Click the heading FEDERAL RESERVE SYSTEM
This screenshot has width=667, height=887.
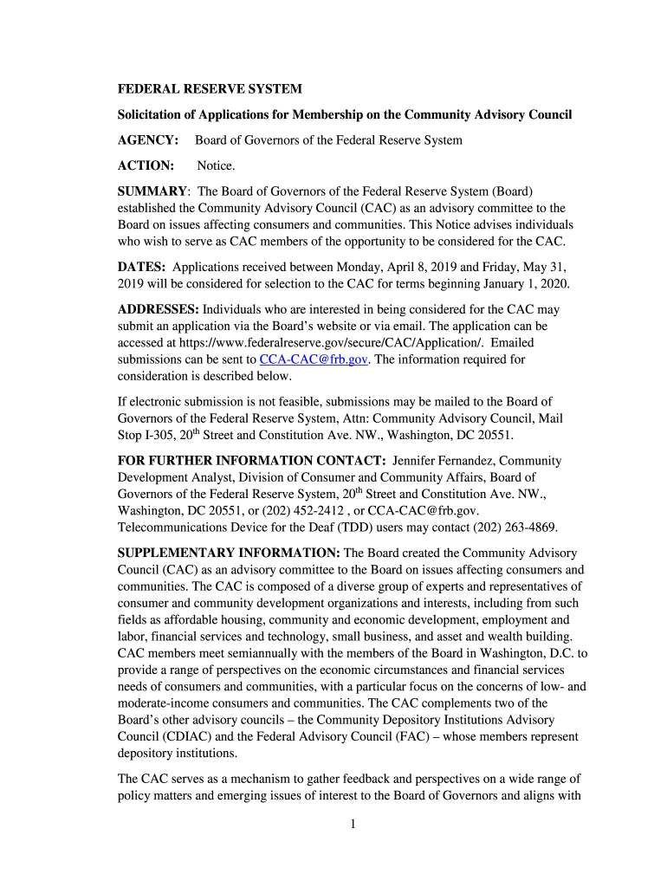210,89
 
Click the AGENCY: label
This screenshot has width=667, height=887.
148,140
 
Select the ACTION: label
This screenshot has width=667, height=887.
146,165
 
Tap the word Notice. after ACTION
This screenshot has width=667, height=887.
216,165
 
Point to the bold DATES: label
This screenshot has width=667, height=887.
142,268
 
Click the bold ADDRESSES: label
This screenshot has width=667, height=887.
159,309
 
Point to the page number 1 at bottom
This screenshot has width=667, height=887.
353,824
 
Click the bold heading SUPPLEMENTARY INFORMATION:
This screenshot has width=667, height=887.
229,553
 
